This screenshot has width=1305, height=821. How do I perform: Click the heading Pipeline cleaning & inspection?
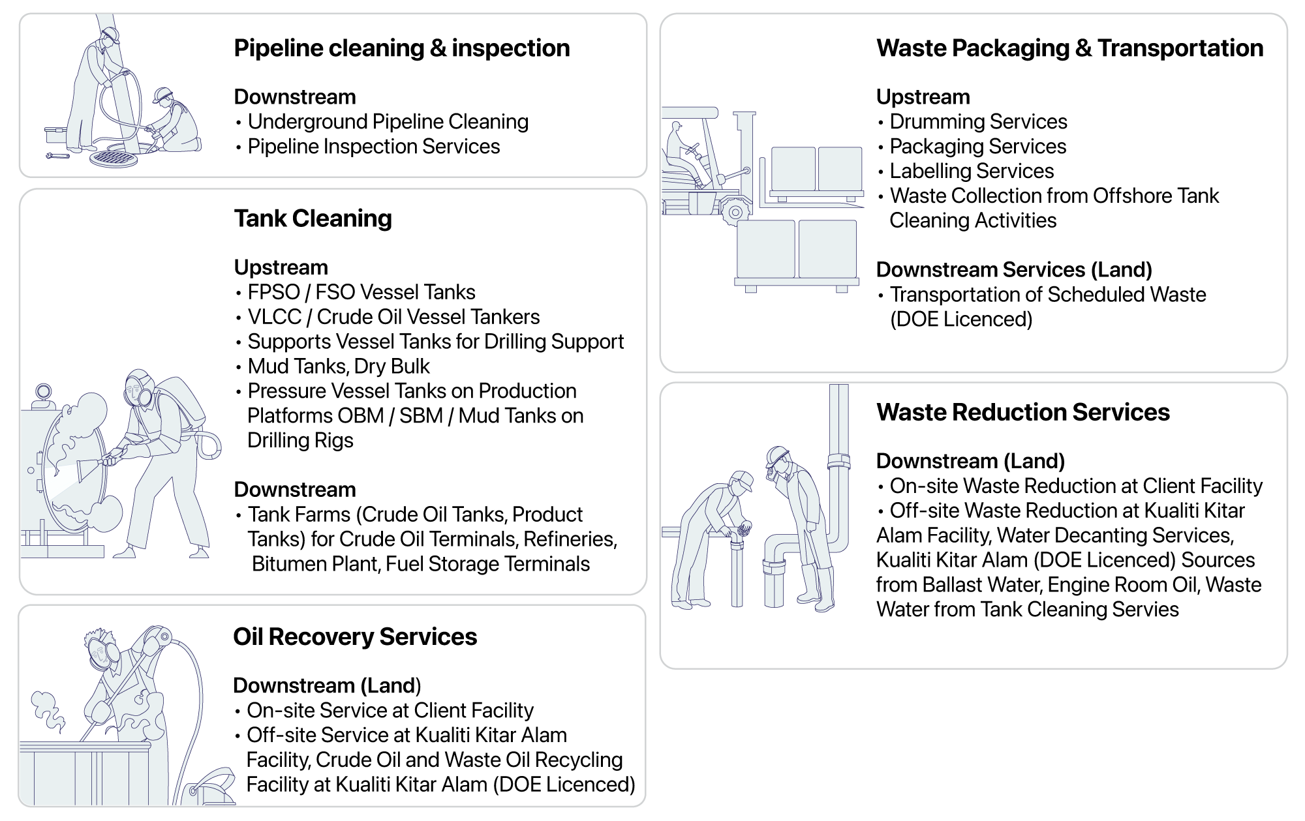click(x=402, y=48)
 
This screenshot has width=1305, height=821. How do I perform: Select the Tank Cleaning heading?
click(x=313, y=219)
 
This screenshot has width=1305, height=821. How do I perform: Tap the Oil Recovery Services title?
click(x=355, y=637)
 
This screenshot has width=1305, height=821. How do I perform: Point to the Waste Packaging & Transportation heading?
click(x=1070, y=49)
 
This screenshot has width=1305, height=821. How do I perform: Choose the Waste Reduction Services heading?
click(x=1023, y=412)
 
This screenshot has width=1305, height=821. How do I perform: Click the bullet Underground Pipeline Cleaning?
click(x=388, y=122)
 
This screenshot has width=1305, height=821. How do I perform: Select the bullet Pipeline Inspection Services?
click(x=374, y=147)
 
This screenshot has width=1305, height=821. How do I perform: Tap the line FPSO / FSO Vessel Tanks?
click(x=361, y=292)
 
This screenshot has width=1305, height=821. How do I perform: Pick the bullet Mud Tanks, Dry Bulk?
click(x=339, y=366)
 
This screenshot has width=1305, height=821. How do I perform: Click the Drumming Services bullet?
click(x=979, y=122)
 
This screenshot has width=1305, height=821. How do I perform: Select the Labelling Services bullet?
click(x=972, y=172)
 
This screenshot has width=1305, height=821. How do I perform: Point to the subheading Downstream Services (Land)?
click(x=1014, y=270)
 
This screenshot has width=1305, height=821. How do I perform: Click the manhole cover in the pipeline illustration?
click(x=114, y=158)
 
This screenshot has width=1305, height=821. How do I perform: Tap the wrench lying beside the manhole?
click(x=57, y=156)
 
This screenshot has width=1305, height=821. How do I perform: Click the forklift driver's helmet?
click(x=676, y=126)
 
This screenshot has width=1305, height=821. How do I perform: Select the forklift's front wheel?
click(x=735, y=212)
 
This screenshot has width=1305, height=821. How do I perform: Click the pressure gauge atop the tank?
click(x=44, y=391)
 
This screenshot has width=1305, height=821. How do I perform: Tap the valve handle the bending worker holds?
click(x=743, y=530)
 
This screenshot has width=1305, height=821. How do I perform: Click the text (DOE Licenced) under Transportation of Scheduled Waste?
click(x=961, y=320)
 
